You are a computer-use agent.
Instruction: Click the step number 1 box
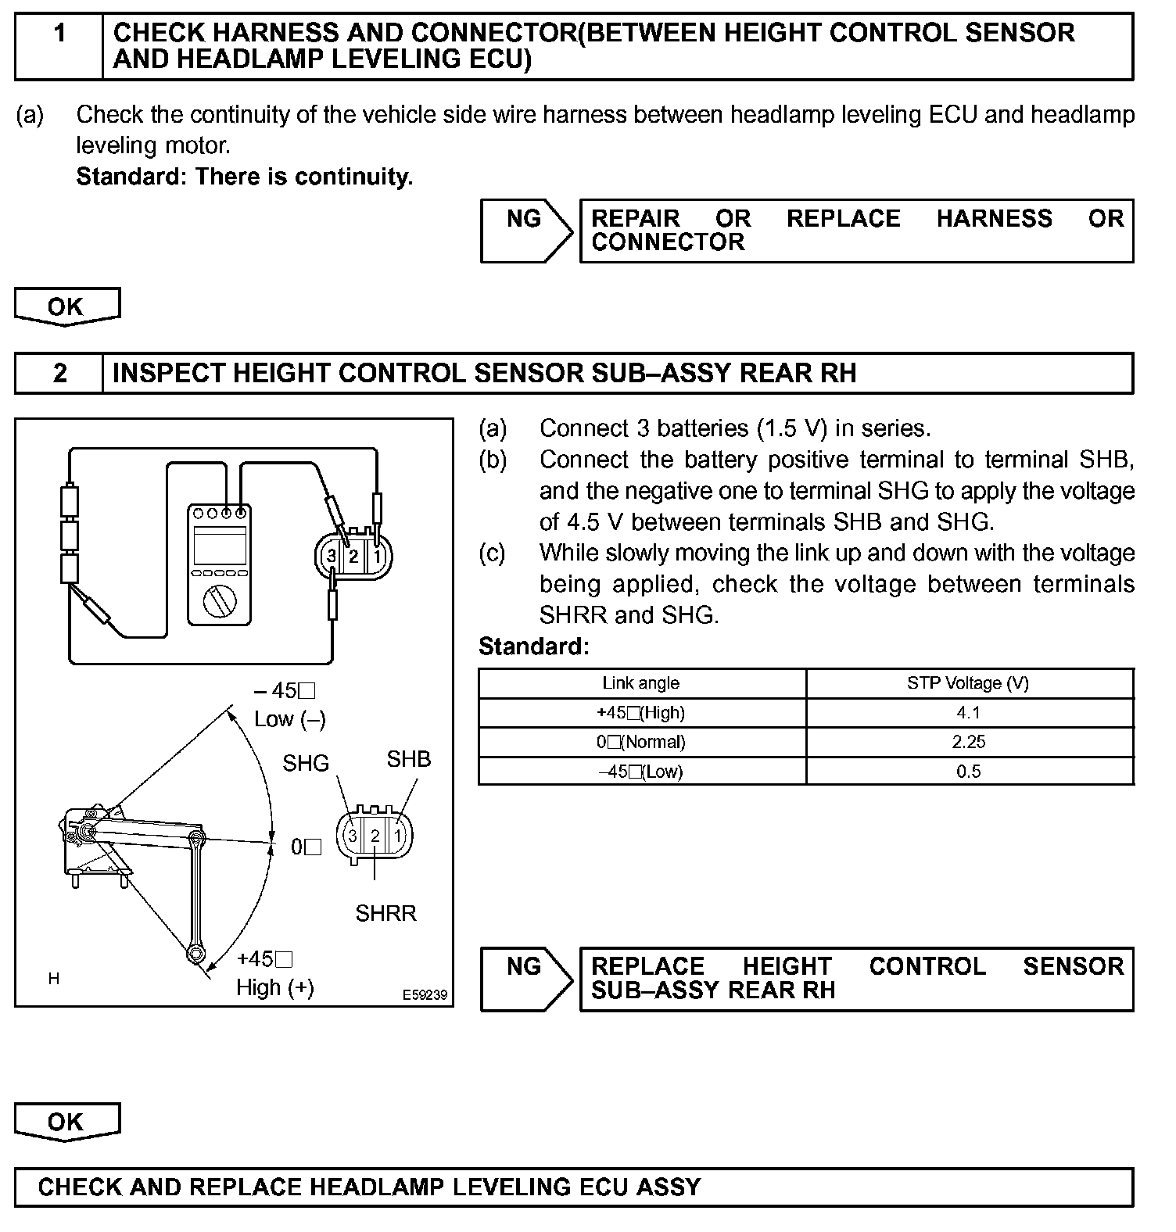[59, 46]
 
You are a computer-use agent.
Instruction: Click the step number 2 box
[59, 373]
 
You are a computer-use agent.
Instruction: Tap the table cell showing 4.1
[968, 713]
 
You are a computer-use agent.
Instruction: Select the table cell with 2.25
[968, 742]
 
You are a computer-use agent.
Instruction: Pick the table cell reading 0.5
[968, 772]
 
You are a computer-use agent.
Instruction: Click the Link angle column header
[640, 683]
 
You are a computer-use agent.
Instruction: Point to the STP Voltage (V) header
[968, 683]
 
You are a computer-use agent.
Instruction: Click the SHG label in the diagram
[306, 763]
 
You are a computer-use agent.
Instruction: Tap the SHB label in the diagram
[408, 759]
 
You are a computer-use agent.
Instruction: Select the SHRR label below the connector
[385, 913]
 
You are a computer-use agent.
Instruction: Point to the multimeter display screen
[219, 545]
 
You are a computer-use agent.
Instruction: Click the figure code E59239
[425, 995]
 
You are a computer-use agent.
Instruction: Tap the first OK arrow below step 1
[66, 306]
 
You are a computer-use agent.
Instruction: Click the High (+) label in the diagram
[275, 988]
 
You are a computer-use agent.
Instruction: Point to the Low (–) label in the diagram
[289, 719]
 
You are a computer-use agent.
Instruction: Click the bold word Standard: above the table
[533, 646]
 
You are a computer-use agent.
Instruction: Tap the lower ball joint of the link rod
[194, 954]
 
